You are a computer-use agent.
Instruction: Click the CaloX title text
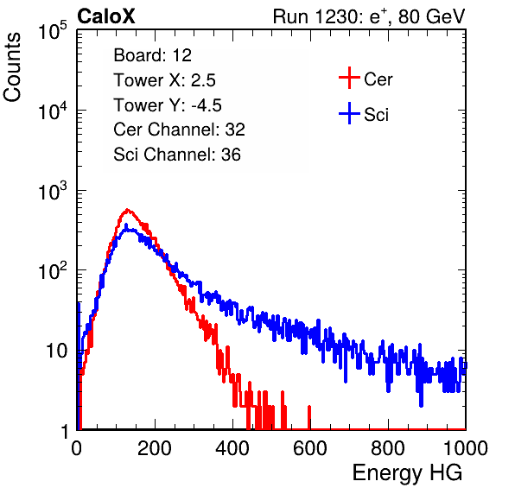point(106,16)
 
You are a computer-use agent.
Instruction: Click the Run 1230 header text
point(369,16)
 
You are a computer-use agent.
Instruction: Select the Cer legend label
point(378,79)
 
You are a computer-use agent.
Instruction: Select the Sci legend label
point(376,115)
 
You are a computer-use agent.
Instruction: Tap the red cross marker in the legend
point(349,78)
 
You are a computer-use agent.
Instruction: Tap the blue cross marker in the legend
point(349,114)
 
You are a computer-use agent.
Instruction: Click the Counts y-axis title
point(12,67)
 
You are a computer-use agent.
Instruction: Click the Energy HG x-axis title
point(407,473)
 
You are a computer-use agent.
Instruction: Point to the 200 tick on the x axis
point(155,448)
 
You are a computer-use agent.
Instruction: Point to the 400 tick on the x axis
point(232,448)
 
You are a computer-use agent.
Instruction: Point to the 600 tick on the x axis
point(310,448)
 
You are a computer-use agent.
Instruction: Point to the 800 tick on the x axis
point(388,448)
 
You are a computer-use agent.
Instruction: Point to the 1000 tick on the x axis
point(466,448)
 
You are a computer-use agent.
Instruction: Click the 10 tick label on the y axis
point(56,351)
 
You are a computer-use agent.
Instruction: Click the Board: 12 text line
point(152,55)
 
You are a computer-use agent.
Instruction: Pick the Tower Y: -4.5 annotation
point(168,105)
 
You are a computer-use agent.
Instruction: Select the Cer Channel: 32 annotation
point(179,130)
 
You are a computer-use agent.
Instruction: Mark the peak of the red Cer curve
point(127,209)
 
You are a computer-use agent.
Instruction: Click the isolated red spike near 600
point(309,417)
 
